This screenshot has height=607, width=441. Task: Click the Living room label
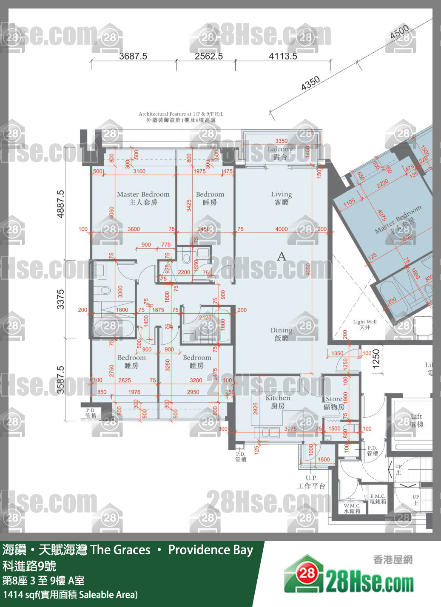(x=281, y=198)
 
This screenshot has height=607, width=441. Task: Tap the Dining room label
(x=281, y=334)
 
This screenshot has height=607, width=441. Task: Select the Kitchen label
(x=278, y=401)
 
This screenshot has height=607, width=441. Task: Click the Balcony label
(x=280, y=153)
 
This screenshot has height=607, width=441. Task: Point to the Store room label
(x=334, y=403)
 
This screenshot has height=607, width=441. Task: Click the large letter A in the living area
(x=282, y=256)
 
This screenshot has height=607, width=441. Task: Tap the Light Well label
(x=365, y=324)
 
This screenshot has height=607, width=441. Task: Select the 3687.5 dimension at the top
(x=133, y=56)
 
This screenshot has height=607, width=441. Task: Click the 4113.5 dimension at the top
(x=283, y=56)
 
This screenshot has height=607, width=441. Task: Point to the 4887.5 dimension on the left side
(x=60, y=204)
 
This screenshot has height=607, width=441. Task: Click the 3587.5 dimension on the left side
(x=60, y=380)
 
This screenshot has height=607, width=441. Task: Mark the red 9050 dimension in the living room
(x=309, y=269)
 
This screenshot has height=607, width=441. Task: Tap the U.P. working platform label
(x=311, y=482)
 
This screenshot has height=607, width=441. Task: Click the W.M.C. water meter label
(x=352, y=508)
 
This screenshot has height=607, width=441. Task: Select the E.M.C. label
(x=378, y=499)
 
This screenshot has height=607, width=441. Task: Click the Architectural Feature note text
(x=181, y=117)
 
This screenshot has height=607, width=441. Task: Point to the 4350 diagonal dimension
(x=310, y=83)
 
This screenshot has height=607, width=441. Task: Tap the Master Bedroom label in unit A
(x=143, y=198)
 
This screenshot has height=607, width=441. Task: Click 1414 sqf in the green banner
(x=20, y=595)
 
